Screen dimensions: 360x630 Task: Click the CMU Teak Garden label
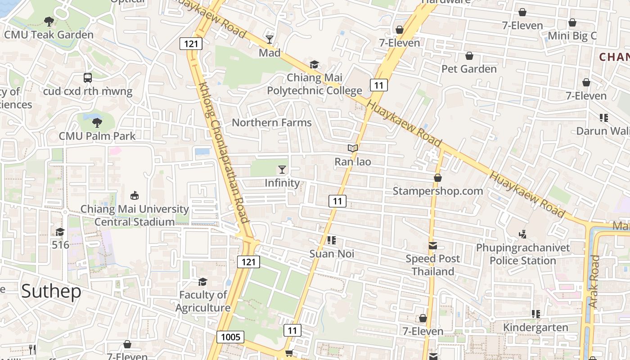[49, 35]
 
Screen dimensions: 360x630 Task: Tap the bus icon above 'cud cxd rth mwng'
[88, 78]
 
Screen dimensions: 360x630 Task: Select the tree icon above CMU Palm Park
[97, 122]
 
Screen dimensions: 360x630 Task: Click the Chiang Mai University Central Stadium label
[134, 216]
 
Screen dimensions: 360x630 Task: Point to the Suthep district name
[51, 291]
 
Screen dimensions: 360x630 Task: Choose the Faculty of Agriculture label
[202, 301]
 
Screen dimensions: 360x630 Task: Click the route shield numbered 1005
[230, 337]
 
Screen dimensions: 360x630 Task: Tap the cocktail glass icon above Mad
[269, 40]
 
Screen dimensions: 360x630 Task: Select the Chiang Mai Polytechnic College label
[314, 84]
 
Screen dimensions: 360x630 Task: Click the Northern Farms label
[271, 122]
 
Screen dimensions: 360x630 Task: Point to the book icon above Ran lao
[353, 148]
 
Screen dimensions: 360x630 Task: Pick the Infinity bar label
[282, 183]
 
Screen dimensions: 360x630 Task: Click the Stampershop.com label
[437, 191]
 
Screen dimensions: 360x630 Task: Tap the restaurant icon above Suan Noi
[332, 240]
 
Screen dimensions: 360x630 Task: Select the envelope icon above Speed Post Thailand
[432, 246]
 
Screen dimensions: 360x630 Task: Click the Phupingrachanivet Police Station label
[522, 254]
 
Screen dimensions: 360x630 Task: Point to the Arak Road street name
[594, 282]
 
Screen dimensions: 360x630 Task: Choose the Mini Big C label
[572, 36]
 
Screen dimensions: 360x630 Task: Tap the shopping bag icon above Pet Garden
[469, 56]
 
